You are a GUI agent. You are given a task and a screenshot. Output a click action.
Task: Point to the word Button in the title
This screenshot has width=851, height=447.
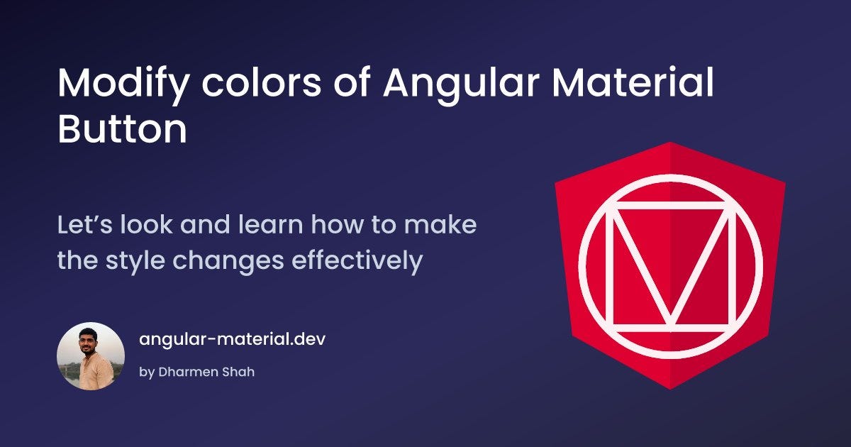[122, 131]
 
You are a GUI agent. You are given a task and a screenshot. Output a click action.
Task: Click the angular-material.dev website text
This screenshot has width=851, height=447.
[233, 338]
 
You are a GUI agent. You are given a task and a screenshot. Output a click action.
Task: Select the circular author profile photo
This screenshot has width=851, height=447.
[91, 356]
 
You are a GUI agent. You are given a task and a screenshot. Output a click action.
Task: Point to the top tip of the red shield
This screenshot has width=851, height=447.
[670, 143]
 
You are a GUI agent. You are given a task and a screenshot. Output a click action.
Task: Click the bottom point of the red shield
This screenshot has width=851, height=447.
[670, 388]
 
